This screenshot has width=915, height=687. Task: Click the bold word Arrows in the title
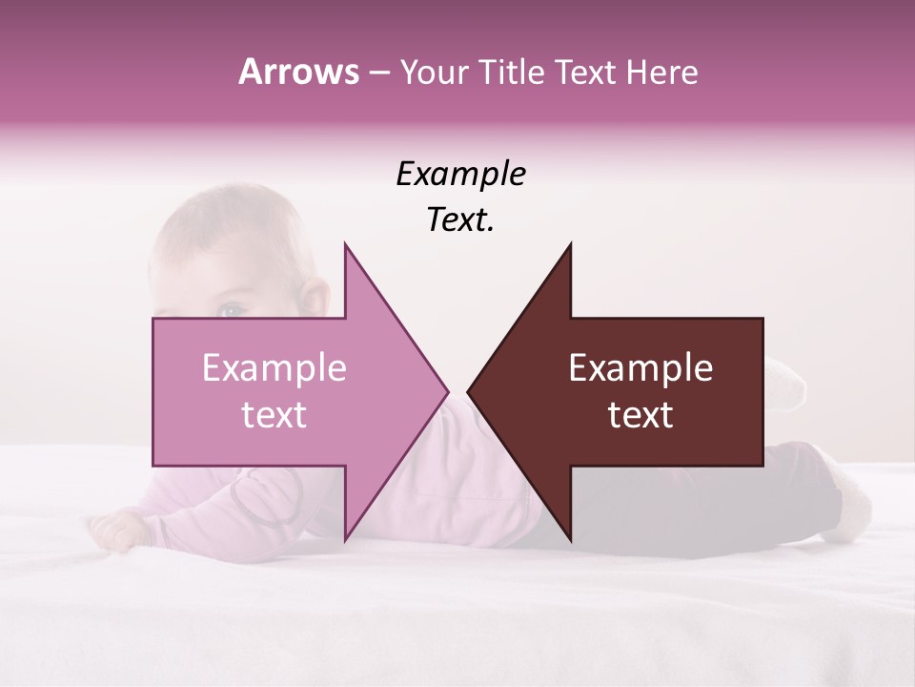click(297, 72)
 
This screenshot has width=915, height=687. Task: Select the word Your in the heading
click(432, 72)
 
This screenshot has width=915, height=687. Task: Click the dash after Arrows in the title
click(377, 73)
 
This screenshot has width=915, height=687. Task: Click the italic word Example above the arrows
click(460, 174)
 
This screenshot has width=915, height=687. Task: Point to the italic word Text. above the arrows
click(460, 220)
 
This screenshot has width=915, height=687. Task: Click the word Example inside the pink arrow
click(274, 368)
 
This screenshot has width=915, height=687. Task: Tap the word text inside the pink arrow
click(274, 415)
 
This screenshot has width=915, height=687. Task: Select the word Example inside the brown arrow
click(640, 368)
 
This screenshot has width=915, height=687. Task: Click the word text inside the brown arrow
click(640, 415)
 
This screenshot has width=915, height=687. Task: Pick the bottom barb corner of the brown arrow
click(570, 537)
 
